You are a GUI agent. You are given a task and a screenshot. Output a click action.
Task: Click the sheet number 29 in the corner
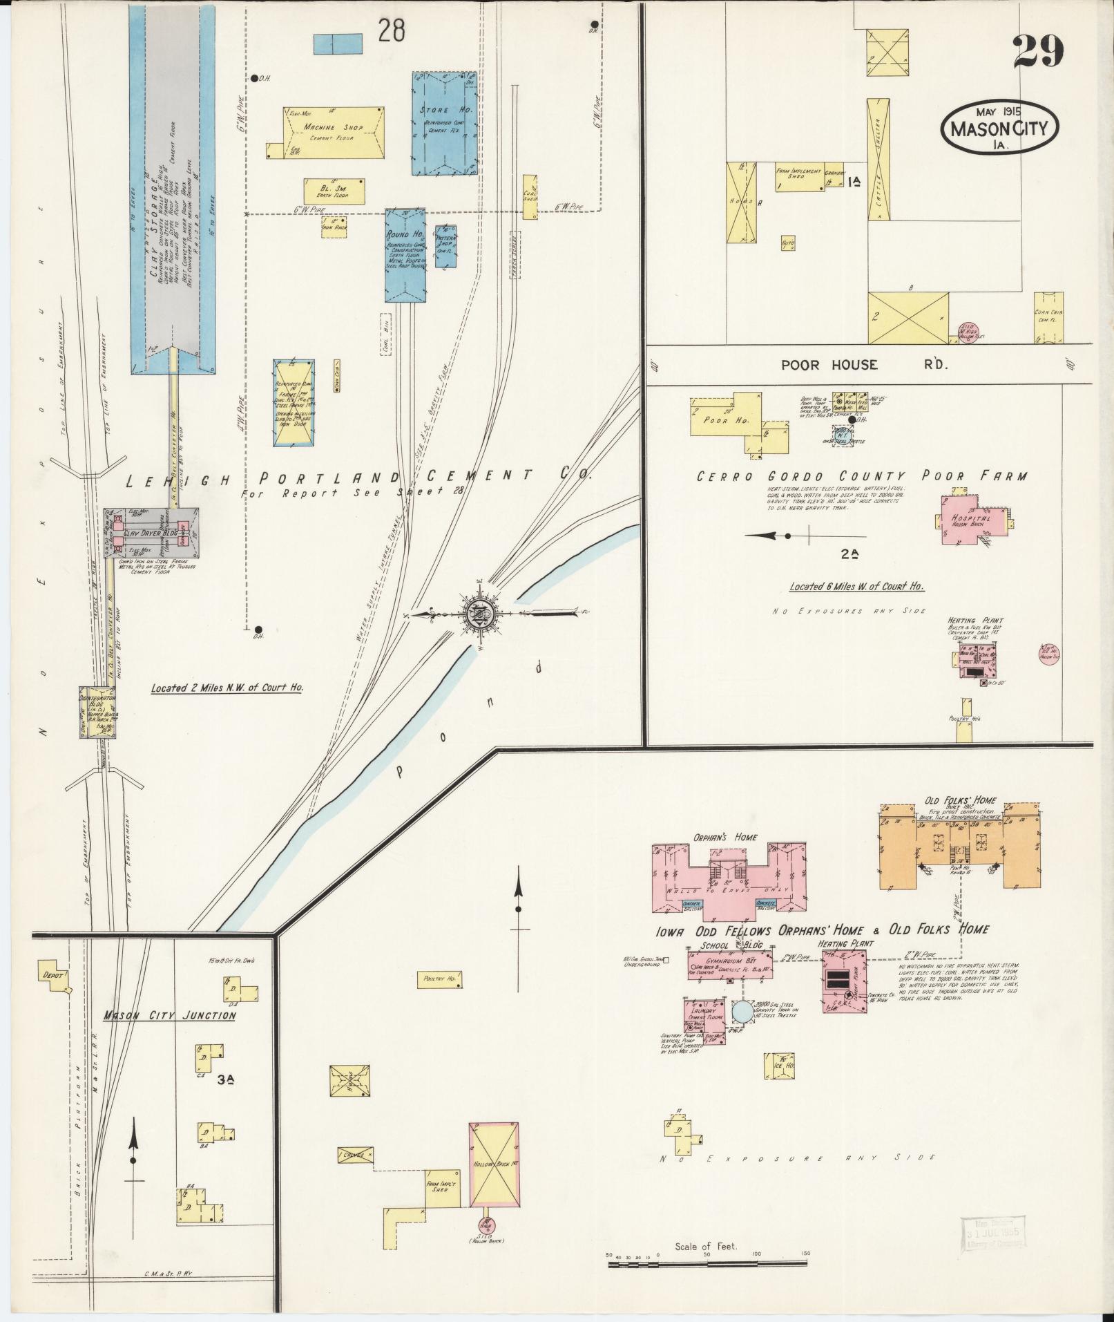click(1038, 51)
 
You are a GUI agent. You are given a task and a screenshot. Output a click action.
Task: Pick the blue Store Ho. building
click(444, 123)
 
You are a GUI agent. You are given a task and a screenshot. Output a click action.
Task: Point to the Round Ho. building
click(405, 254)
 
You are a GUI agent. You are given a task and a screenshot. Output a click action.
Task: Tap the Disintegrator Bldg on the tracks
click(97, 712)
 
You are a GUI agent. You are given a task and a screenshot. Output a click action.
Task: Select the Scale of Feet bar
click(708, 1265)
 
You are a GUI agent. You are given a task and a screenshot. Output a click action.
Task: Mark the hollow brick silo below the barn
click(488, 1225)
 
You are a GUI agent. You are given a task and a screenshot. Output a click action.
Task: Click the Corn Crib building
click(1048, 317)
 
